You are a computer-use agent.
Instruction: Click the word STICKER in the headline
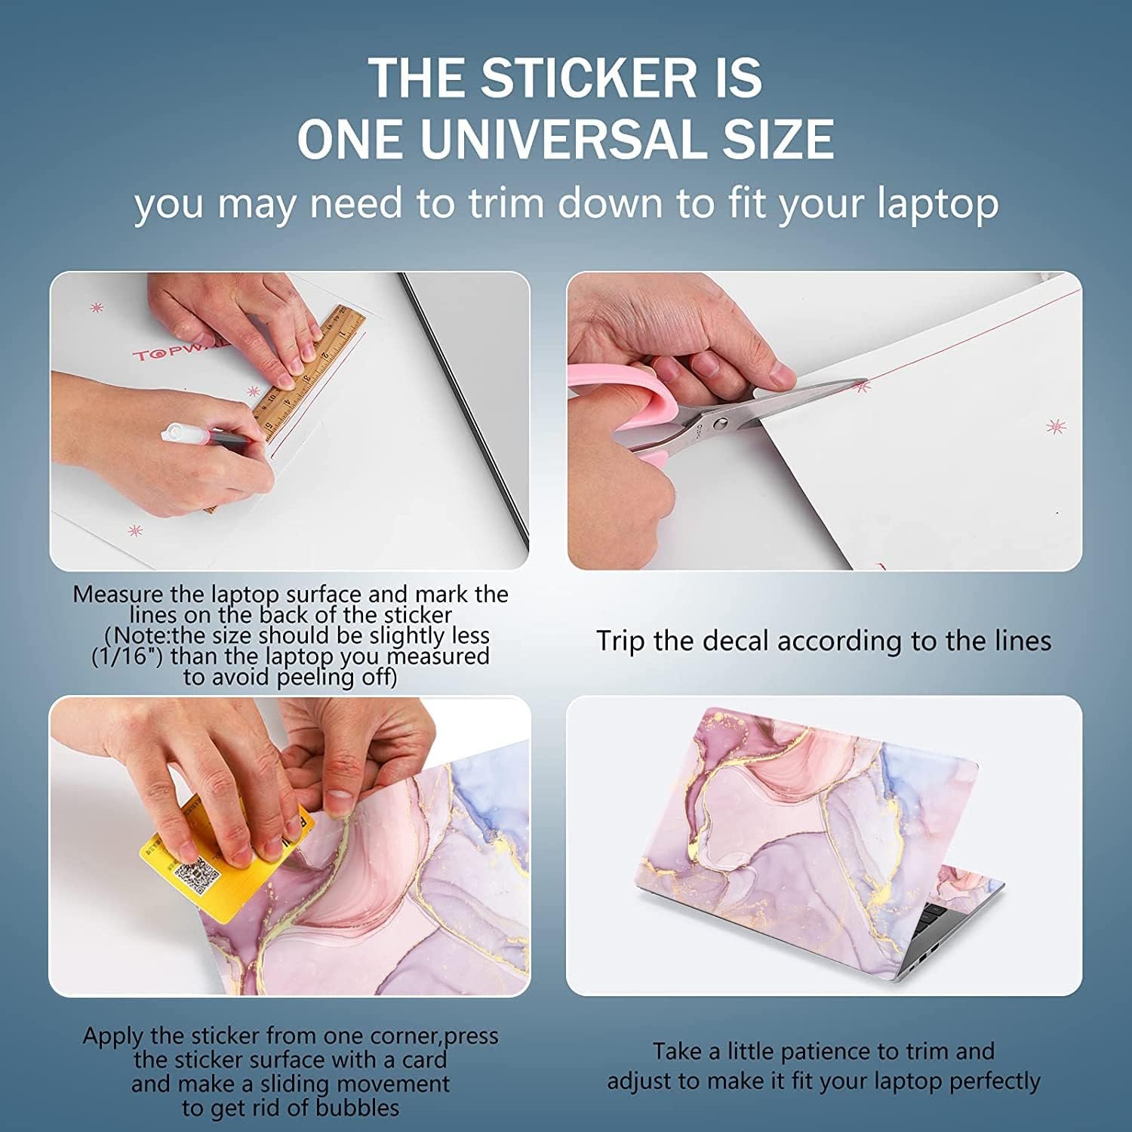coord(589,78)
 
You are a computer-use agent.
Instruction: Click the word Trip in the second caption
coord(621,641)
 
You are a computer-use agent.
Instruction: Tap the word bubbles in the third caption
coord(358,1108)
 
